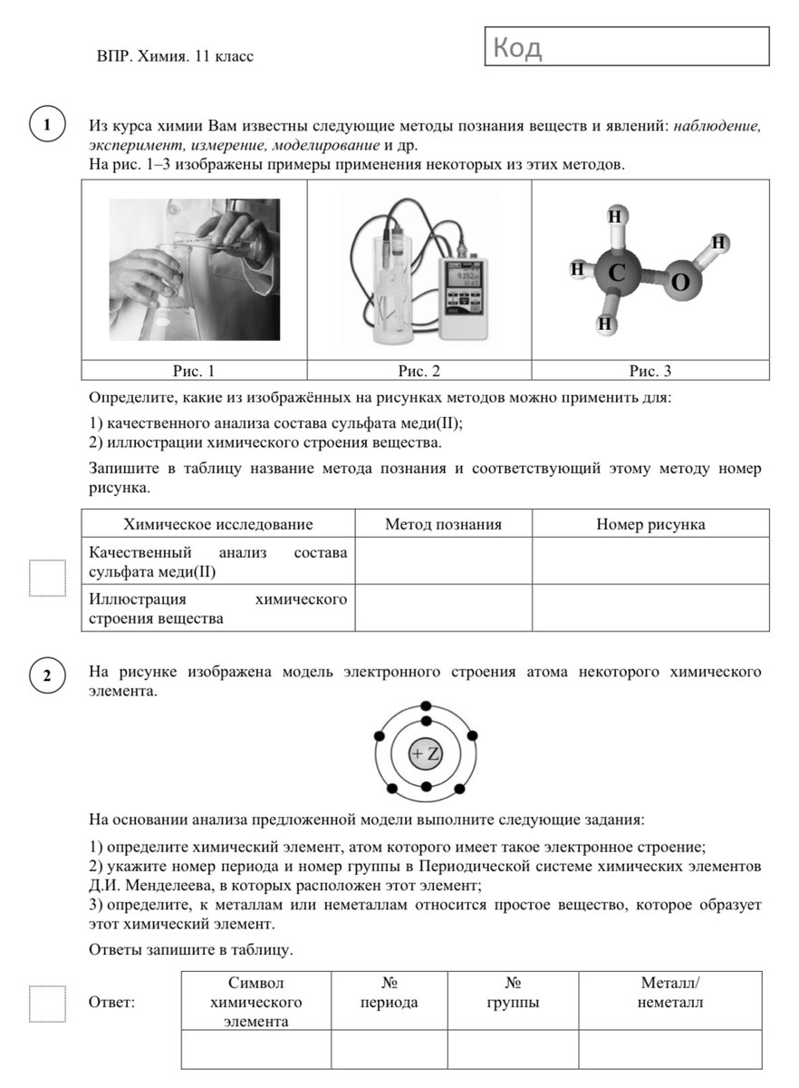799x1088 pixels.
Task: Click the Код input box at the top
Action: coord(627,46)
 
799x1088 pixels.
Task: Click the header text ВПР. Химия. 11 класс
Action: coord(175,56)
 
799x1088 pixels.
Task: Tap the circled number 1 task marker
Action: coord(46,125)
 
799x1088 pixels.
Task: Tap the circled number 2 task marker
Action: coord(46,675)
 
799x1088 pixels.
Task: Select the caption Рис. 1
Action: coord(194,371)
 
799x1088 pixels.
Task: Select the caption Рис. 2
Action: coord(419,371)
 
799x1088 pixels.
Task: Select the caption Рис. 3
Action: coord(650,371)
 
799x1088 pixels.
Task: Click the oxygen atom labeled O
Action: coord(680,283)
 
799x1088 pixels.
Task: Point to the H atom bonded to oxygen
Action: coord(719,243)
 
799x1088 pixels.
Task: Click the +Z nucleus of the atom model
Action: coord(426,754)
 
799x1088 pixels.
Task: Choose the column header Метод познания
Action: coord(443,524)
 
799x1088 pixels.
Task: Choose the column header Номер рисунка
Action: coord(650,524)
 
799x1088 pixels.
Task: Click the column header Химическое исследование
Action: coord(217,524)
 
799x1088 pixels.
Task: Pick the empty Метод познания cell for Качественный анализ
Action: coord(443,560)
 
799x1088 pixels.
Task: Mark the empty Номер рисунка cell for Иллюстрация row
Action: coord(650,607)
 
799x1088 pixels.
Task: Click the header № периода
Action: coord(389,994)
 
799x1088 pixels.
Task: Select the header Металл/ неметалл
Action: coord(669,994)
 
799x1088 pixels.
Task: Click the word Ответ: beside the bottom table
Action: coord(112,1003)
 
